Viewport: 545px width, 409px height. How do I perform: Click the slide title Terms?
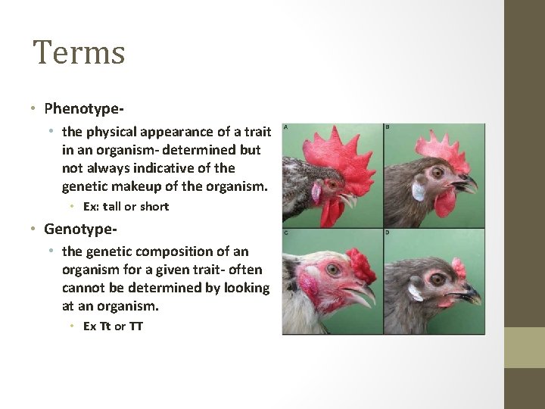(79, 53)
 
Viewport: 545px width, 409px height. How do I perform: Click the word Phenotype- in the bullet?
(84, 109)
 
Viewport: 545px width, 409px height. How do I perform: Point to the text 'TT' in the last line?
(135, 326)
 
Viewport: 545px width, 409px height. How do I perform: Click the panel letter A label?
(285, 127)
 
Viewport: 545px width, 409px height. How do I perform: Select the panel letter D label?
(387, 233)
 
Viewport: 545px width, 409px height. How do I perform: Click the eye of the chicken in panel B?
(438, 173)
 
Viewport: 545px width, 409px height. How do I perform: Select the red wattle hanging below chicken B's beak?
(446, 201)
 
